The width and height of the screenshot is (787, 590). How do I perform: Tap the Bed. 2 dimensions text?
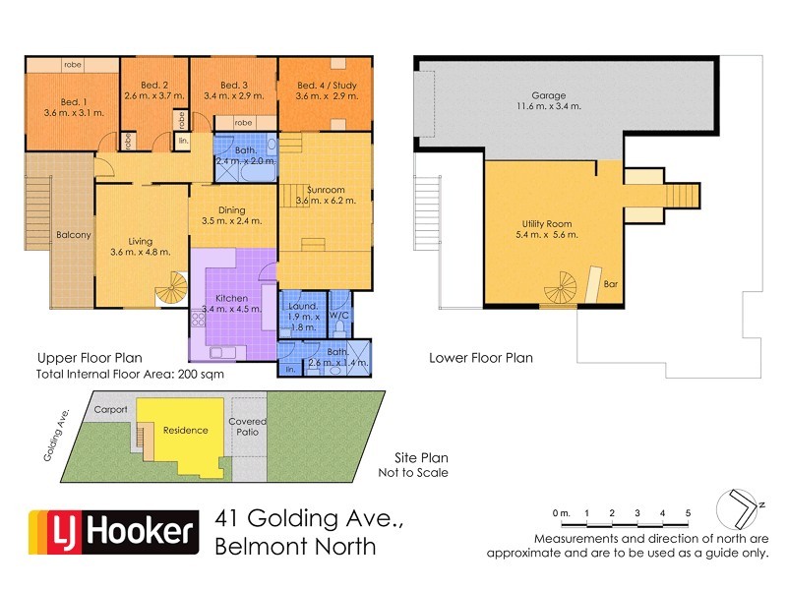154,96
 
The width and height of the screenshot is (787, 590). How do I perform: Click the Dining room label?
231,209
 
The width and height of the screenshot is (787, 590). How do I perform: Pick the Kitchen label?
231,298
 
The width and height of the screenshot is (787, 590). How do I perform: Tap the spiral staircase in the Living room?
170,289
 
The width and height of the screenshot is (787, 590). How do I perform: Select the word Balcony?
74,235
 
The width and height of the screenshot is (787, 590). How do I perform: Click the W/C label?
339,316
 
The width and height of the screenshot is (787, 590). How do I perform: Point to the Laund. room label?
302,306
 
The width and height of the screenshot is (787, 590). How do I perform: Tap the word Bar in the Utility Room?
611,284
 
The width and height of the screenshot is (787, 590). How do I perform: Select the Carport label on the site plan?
111,409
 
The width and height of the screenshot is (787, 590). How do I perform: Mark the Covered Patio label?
248,428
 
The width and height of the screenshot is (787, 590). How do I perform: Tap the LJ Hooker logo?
110,532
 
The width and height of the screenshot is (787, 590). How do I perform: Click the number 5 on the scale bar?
688,513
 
